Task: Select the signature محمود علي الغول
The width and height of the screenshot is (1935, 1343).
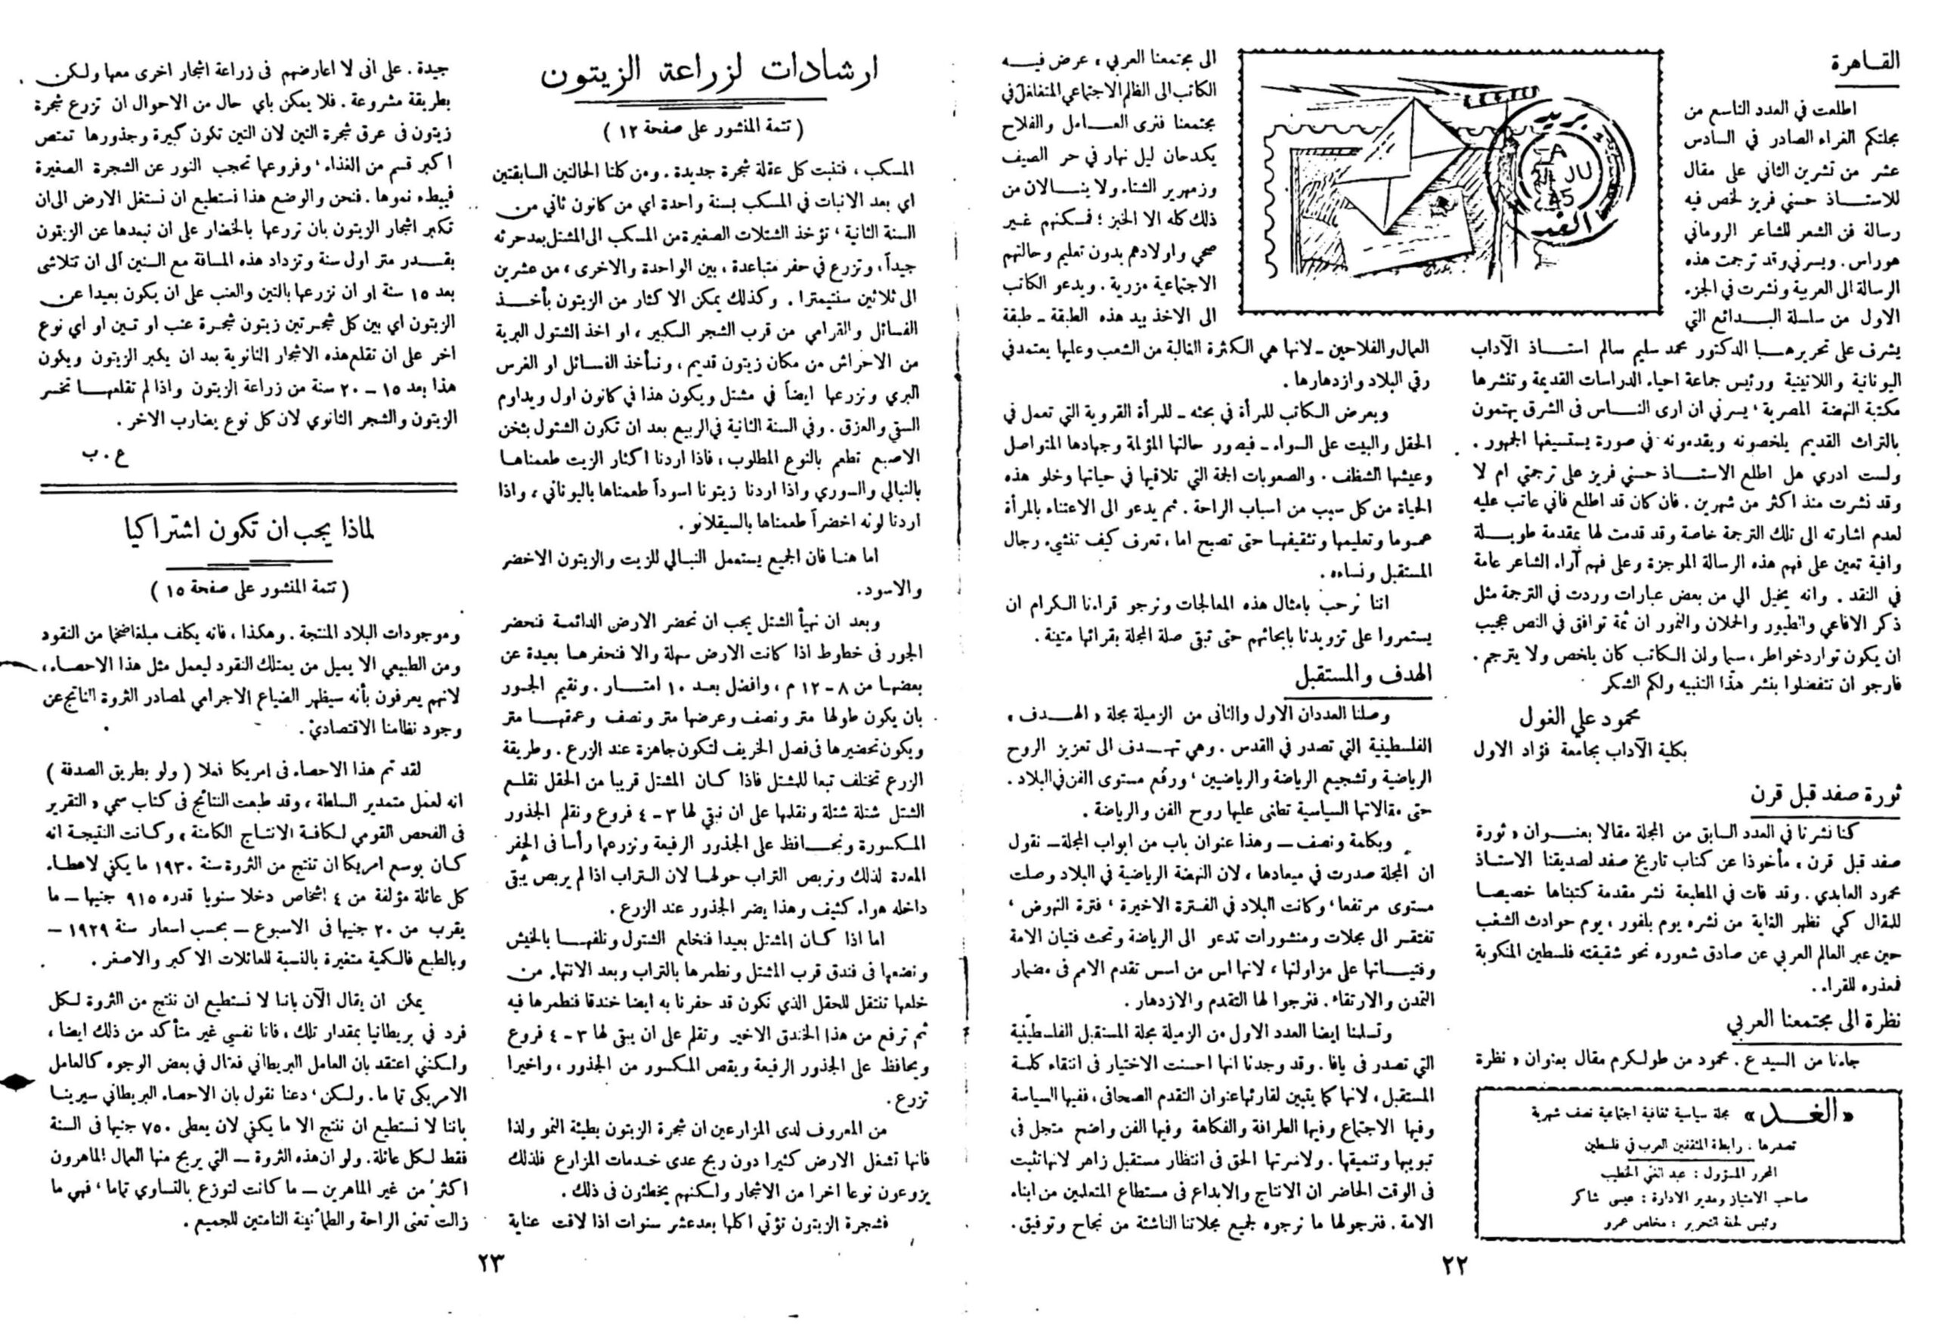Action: pos(1580,717)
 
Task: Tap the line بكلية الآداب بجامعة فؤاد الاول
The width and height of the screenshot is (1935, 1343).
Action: pos(1580,750)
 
